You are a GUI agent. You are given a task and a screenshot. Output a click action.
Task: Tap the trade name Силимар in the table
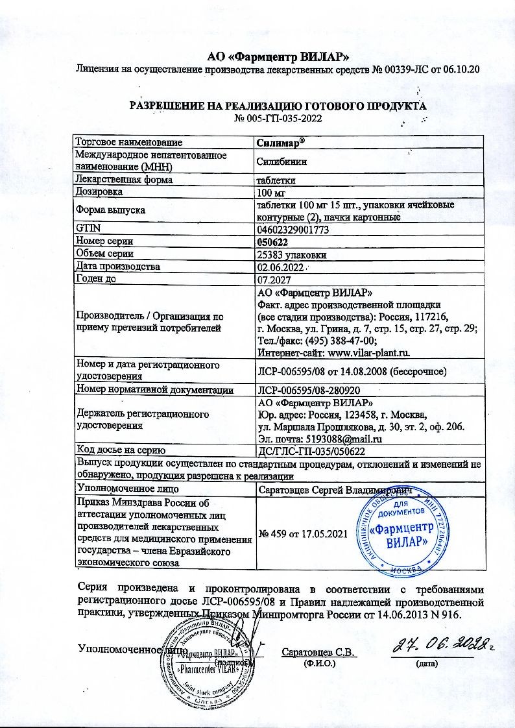click(x=281, y=141)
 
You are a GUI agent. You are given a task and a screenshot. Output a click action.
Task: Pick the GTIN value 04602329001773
click(x=293, y=229)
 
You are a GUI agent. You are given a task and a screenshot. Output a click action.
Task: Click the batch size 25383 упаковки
click(x=291, y=255)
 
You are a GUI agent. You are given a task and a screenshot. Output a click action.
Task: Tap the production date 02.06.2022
click(x=281, y=267)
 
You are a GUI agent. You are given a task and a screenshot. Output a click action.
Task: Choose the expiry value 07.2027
click(x=272, y=280)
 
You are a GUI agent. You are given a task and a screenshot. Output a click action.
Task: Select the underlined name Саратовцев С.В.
click(x=320, y=652)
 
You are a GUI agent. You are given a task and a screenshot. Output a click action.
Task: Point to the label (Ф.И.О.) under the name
click(x=319, y=663)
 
